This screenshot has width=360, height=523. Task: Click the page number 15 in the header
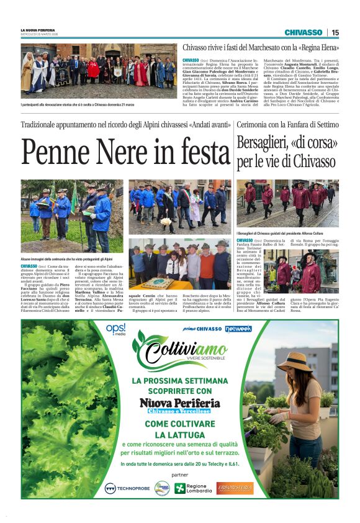coord(335,32)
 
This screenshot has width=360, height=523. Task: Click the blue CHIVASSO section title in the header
coord(304,32)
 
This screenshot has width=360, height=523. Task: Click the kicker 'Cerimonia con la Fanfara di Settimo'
coord(287,125)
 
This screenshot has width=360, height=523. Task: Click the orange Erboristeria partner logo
coord(235,488)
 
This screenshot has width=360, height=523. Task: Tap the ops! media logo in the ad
coord(115,329)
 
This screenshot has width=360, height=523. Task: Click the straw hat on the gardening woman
coord(294,360)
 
